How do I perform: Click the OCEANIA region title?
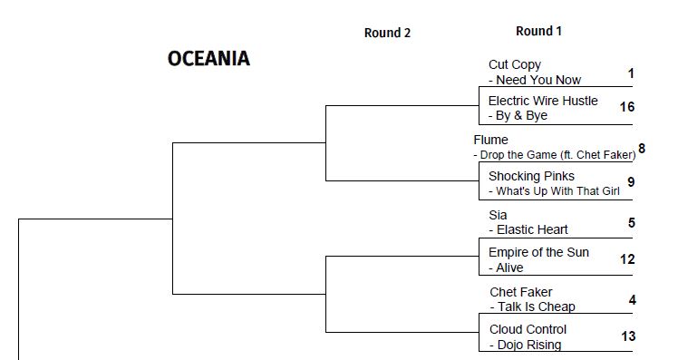[208, 59]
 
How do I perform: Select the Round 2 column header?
[387, 33]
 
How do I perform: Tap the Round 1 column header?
[538, 31]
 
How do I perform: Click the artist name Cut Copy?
[514, 64]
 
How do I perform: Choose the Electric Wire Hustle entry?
[543, 101]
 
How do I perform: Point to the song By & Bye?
[522, 116]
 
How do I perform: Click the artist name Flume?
[490, 140]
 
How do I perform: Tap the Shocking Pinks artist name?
[531, 176]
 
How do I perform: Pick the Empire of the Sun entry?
[538, 252]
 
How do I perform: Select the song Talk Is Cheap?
[536, 306]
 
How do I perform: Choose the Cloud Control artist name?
[528, 329]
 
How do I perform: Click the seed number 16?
[627, 107]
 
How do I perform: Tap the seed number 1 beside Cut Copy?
[631, 73]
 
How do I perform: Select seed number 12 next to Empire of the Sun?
[627, 259]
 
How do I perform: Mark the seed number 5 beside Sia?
[631, 222]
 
